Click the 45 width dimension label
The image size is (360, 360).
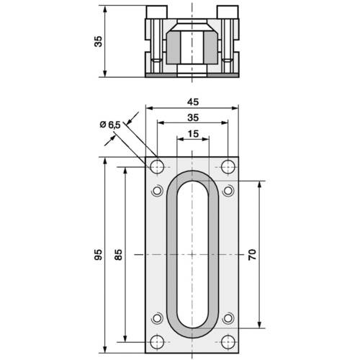coord(192,102)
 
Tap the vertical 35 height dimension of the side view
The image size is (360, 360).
coord(99,41)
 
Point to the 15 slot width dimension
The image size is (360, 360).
coord(192,134)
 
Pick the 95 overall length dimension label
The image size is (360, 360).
coord(99,255)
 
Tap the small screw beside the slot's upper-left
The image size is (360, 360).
coord(157,191)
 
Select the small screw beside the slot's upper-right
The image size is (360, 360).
coord(228,191)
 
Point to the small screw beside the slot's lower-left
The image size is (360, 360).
coord(157,318)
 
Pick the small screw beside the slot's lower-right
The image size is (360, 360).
coord(228,318)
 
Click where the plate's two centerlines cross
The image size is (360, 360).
coord(192,254)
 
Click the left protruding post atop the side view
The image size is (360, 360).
coord(156,12)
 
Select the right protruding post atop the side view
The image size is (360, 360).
coord(228,12)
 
